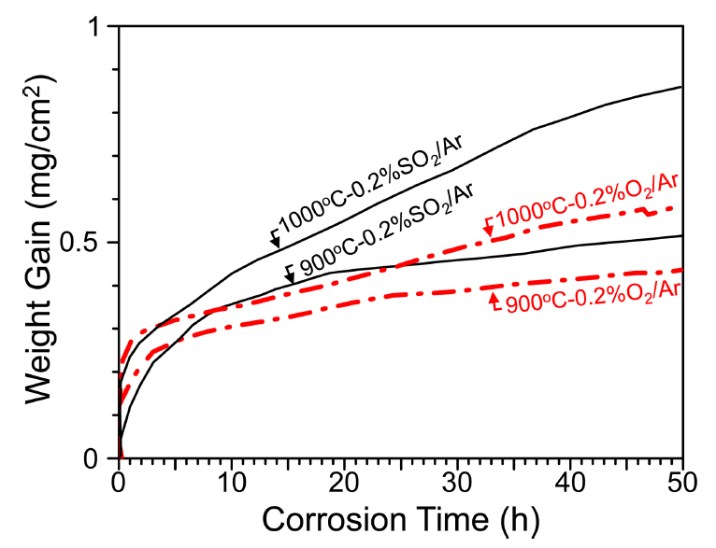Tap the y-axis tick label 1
coord(102,27)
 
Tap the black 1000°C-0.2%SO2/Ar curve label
coord(374,182)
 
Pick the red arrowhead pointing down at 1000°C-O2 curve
coord(488,231)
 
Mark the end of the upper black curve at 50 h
coord(682,87)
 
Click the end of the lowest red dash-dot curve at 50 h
coord(682,270)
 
